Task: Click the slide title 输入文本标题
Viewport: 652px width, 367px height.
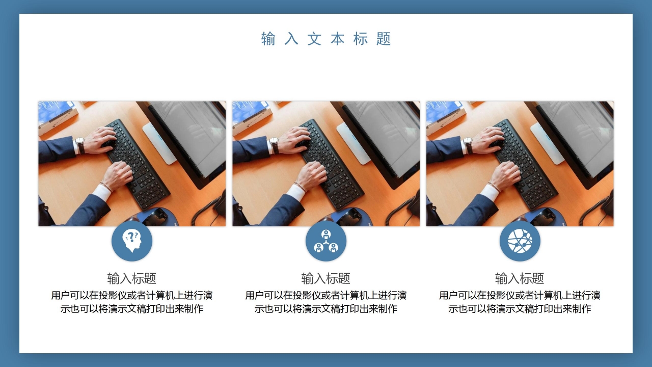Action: click(x=326, y=39)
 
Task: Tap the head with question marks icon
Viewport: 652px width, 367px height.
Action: click(x=132, y=241)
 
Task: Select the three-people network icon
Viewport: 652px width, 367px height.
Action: click(x=326, y=241)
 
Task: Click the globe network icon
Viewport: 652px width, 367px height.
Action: click(x=520, y=241)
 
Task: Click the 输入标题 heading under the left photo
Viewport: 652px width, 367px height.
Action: click(x=131, y=278)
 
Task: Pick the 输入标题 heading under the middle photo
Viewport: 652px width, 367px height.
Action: click(x=326, y=278)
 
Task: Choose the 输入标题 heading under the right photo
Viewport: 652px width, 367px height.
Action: click(x=520, y=278)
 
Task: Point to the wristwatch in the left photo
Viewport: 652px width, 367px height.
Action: click(x=80, y=145)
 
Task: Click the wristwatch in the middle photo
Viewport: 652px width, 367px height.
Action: click(x=274, y=145)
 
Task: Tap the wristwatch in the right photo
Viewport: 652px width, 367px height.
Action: click(x=468, y=145)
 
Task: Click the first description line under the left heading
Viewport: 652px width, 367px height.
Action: click(x=131, y=296)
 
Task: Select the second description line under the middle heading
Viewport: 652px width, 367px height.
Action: click(x=326, y=309)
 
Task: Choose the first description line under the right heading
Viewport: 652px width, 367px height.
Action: click(x=520, y=296)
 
